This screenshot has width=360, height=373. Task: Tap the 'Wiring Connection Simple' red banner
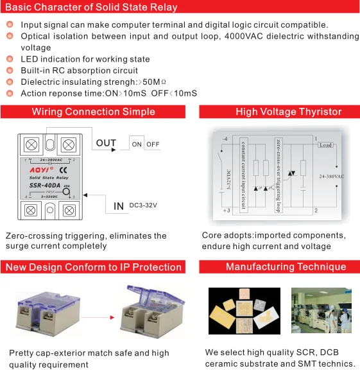pos(93,112)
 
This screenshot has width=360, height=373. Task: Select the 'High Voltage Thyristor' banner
pos(288,112)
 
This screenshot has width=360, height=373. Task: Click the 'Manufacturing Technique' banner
pos(286,266)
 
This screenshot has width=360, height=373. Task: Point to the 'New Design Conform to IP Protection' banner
pos(93,266)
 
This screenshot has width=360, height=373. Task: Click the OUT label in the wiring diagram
pos(106,143)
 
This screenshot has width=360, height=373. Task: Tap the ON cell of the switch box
pos(137,144)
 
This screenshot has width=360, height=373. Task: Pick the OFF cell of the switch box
pos(153,144)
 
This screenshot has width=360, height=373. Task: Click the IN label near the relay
pos(118,206)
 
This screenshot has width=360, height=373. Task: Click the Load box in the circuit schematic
pos(325,144)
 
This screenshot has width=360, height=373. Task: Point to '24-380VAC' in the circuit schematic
pos(331,176)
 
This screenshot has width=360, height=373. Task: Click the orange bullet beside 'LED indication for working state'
pos(10,59)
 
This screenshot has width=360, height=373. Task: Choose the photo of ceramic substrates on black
pos(244,311)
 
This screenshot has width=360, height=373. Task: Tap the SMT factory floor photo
pos(321,311)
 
